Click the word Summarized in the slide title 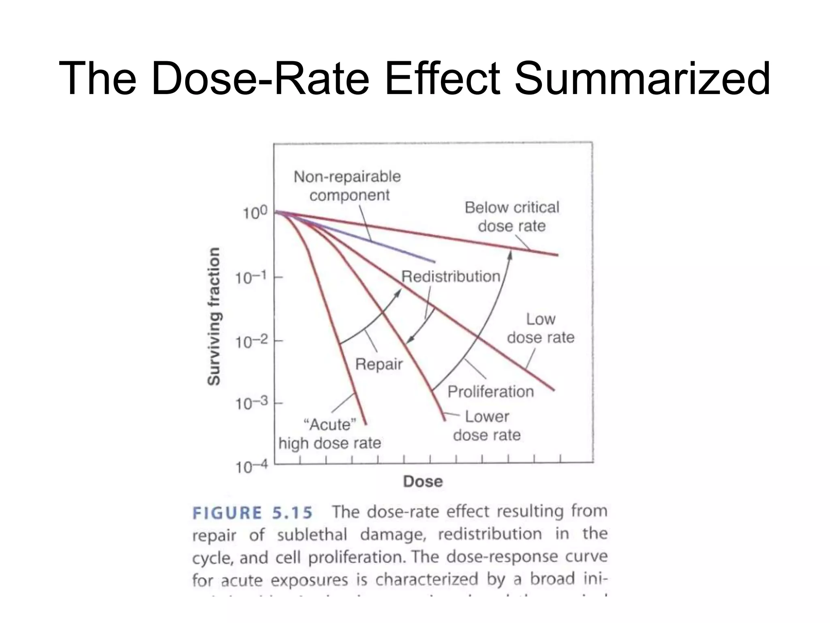[x=642, y=78]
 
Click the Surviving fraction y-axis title [x=214, y=316]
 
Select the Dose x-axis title [x=423, y=481]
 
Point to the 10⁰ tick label [x=255, y=213]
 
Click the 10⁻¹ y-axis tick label [x=251, y=278]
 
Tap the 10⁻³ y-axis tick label [x=251, y=404]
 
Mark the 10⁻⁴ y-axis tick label [x=252, y=468]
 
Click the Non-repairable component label [x=348, y=186]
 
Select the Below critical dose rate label [x=512, y=217]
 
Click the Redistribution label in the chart [x=451, y=277]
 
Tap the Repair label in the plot [x=379, y=364]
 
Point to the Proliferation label [x=490, y=392]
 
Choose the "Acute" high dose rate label [x=330, y=434]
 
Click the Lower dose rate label [x=487, y=426]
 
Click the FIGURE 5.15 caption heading [x=252, y=513]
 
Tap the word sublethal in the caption [x=312, y=535]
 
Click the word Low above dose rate [x=541, y=320]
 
